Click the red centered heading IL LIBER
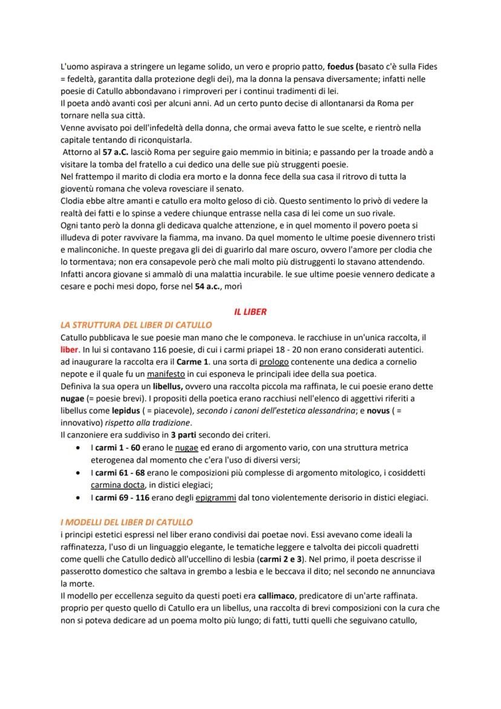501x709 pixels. point(250,312)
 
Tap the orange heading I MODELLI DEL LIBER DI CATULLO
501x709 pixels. point(127,521)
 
